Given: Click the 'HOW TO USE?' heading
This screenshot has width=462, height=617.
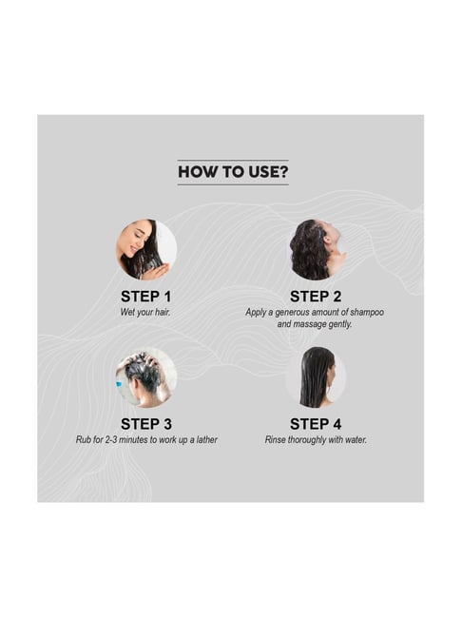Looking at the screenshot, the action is click(x=233, y=172).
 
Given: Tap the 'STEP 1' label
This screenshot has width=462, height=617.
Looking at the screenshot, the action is click(x=146, y=297).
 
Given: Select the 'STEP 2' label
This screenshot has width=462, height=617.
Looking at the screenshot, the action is click(x=316, y=297).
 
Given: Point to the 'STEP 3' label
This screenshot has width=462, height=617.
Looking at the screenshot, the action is click(x=146, y=424).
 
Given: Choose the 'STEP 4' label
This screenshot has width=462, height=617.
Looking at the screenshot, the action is click(x=316, y=424).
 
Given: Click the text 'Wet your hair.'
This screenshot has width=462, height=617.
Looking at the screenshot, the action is click(x=145, y=313).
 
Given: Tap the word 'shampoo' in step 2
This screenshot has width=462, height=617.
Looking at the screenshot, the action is click(x=367, y=313).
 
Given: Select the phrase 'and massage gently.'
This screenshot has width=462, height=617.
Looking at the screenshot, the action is click(x=315, y=324).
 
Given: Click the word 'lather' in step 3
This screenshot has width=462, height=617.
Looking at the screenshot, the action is click(x=206, y=440).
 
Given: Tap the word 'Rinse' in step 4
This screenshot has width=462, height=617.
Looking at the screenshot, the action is click(x=275, y=440).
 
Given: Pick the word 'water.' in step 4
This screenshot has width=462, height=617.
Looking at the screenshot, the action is click(x=356, y=440).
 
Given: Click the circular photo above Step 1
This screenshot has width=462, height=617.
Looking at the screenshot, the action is click(x=146, y=249).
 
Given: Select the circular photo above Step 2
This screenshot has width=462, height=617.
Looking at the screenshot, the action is click(x=317, y=249).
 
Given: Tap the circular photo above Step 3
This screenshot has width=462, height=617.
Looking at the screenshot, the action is click(x=146, y=377).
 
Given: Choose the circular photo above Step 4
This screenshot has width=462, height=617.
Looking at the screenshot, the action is click(x=316, y=377).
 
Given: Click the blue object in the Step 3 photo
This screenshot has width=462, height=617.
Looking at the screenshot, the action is click(x=119, y=384).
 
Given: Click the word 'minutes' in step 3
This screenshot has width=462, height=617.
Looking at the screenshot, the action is click(x=133, y=440).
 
